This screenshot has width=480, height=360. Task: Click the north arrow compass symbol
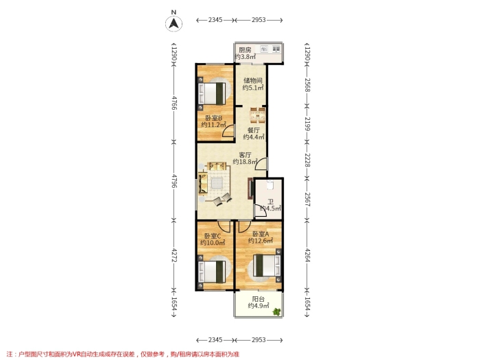174,23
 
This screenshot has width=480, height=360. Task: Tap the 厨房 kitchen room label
245,50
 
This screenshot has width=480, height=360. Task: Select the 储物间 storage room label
253,80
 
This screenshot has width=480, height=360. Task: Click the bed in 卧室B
213,93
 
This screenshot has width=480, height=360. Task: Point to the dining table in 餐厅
257,116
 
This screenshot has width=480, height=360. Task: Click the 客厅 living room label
245,155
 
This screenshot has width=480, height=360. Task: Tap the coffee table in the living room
217,184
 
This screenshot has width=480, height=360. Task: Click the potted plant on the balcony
277,312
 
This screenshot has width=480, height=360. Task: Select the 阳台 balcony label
258,299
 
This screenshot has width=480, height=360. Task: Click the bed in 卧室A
267,265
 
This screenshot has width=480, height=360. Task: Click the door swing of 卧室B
229,132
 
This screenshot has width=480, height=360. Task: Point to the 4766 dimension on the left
174,103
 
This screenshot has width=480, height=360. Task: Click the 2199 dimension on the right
307,124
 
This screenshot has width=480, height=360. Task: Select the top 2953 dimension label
259,20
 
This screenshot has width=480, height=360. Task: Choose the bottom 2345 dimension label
215,340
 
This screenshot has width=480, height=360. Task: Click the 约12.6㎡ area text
260,241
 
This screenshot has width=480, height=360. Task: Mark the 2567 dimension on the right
307,200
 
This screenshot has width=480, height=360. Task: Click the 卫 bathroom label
271,202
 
